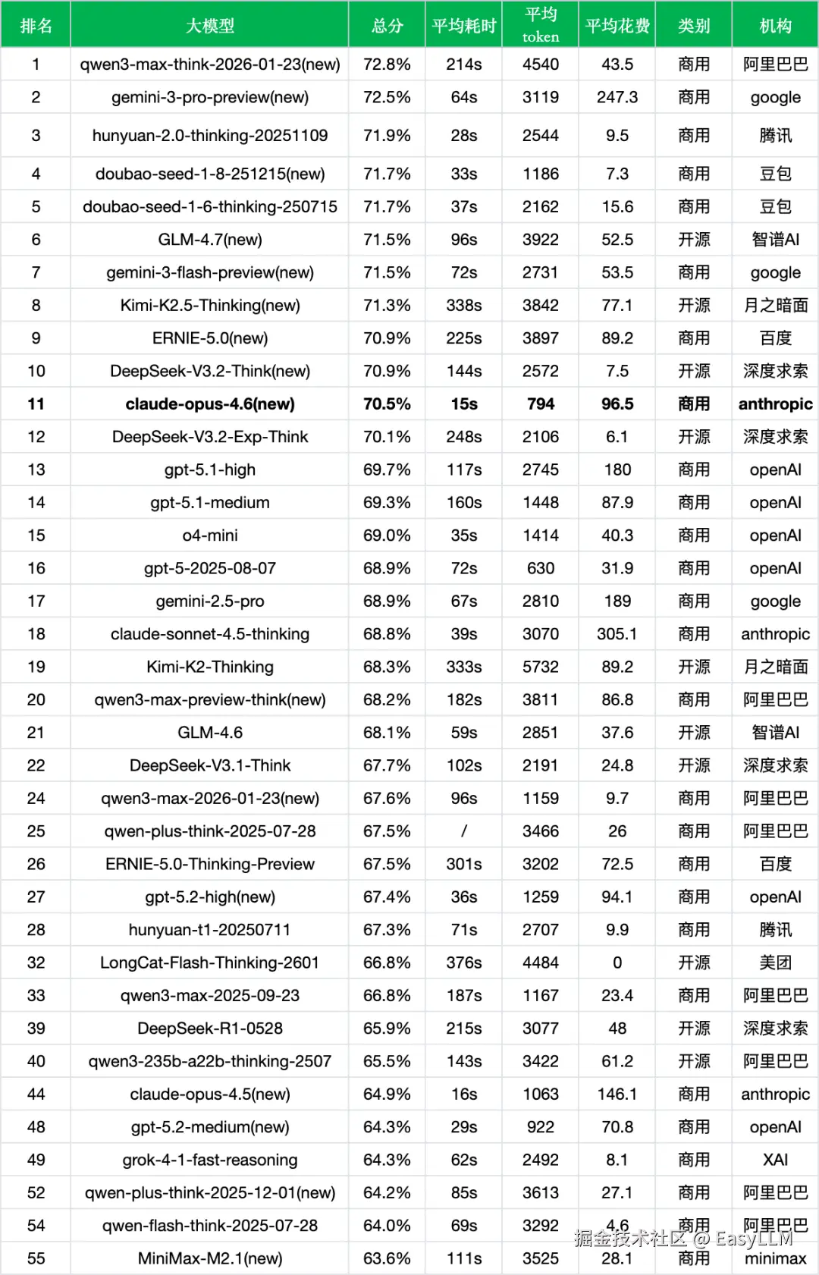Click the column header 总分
(x=387, y=26)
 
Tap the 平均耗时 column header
(x=463, y=26)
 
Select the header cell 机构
(x=775, y=26)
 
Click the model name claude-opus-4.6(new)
(x=210, y=404)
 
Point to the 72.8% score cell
(x=387, y=64)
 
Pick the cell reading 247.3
(x=617, y=97)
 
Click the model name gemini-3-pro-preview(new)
(x=210, y=97)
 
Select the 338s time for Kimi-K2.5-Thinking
(x=463, y=306)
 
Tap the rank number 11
(x=36, y=404)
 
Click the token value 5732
(x=540, y=667)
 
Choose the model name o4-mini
(x=210, y=535)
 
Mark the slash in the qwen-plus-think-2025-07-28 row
(x=463, y=831)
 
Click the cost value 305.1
(x=617, y=634)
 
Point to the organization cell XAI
(x=775, y=1160)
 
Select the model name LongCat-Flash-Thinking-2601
(x=210, y=963)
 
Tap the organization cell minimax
(x=775, y=1259)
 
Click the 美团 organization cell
(x=775, y=963)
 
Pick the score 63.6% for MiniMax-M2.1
(x=387, y=1259)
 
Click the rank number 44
(x=36, y=1094)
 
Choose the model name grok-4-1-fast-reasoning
(x=210, y=1160)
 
